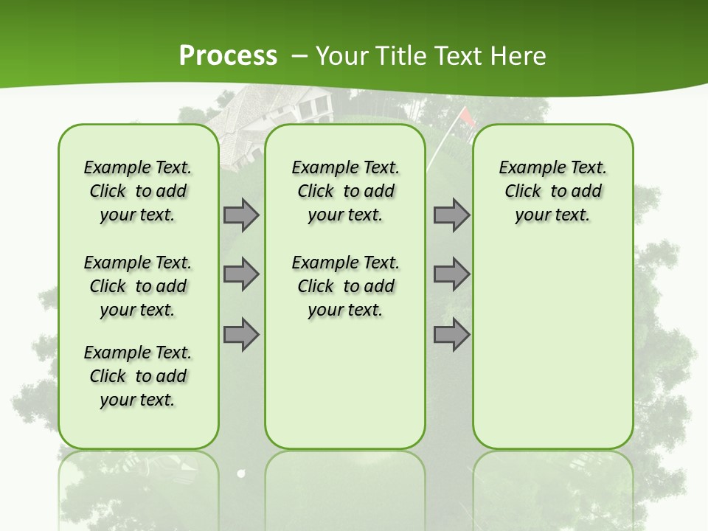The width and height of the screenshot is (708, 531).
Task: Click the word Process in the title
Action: pyautogui.click(x=228, y=56)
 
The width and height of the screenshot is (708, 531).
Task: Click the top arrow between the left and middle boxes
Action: pyautogui.click(x=241, y=215)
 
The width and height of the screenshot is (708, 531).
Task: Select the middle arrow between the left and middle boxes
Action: pyautogui.click(x=241, y=274)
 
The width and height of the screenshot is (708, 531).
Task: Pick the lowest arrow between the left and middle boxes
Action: pyautogui.click(x=241, y=335)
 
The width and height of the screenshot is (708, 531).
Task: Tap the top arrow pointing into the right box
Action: pyautogui.click(x=451, y=215)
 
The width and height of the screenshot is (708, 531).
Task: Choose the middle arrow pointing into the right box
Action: pyautogui.click(x=451, y=274)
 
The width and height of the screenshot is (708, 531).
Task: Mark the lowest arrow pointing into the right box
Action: pyautogui.click(x=451, y=335)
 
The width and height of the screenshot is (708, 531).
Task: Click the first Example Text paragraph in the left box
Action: pyautogui.click(x=138, y=191)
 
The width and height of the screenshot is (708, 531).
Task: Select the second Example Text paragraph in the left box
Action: pyautogui.click(x=138, y=286)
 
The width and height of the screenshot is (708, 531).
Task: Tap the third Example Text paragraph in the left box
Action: pyautogui.click(x=138, y=376)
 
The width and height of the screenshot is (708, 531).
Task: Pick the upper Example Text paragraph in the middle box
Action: pyautogui.click(x=345, y=191)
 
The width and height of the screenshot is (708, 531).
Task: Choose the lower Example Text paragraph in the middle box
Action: pyautogui.click(x=345, y=286)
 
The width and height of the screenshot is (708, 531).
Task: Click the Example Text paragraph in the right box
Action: pyautogui.click(x=552, y=191)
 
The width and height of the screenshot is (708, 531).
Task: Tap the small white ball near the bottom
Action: pyautogui.click(x=240, y=473)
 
